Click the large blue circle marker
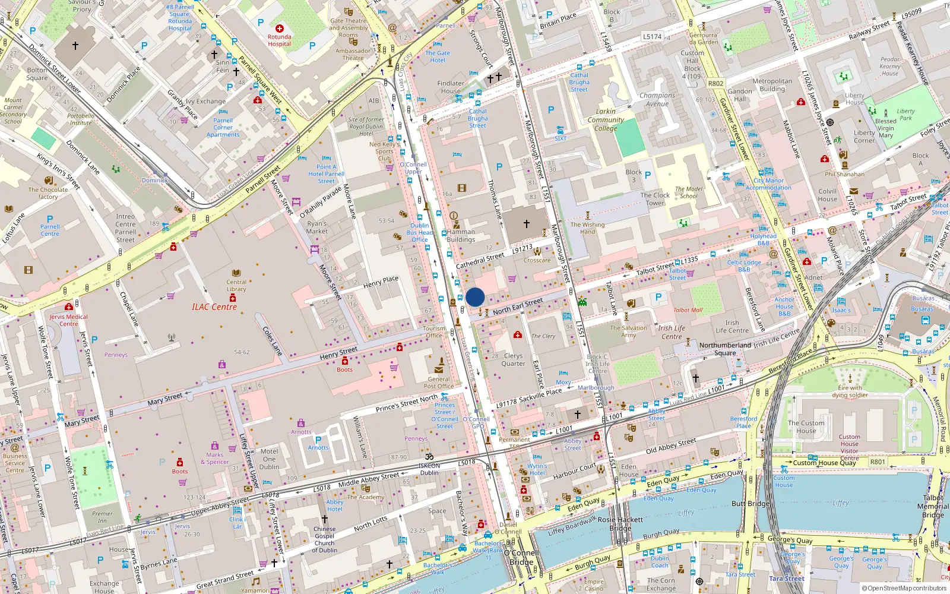pos(475,297)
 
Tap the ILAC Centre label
pos(214,307)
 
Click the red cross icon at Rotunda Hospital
pos(280,29)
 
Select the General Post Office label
pos(439,383)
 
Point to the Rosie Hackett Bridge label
pos(620,523)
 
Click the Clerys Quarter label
pos(513,359)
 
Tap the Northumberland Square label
pos(725,349)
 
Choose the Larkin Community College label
pos(606,119)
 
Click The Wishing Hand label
pos(587,228)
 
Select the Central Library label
pos(236,286)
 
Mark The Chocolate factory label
pos(48,193)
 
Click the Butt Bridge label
pos(750,503)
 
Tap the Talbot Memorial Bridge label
pos(933,506)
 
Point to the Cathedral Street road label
pos(480,260)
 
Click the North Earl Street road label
pos(517,306)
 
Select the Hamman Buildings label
pos(461,236)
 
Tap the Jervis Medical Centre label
pos(68,320)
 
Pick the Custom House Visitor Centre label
pos(849,447)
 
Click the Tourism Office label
pos(433,331)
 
